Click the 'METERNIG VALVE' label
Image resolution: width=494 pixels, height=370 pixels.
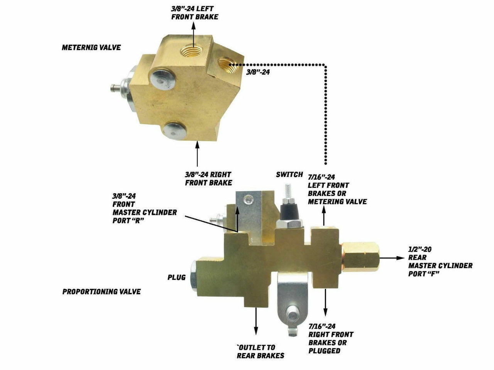(x=91, y=47)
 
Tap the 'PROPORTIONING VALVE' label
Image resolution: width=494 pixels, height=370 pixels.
(x=102, y=292)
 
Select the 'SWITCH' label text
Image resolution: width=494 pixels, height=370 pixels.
(x=289, y=174)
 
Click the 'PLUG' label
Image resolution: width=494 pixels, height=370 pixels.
(x=177, y=277)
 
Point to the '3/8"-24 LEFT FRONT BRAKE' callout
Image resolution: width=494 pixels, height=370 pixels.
(x=195, y=13)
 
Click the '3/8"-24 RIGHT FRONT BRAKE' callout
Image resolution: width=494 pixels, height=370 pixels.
(x=208, y=179)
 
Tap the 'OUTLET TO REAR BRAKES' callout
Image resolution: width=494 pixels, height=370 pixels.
(x=261, y=351)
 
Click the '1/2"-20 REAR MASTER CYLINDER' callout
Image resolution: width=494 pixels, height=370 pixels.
(x=440, y=262)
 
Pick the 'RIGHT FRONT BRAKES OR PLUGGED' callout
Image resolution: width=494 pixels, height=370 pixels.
(x=331, y=338)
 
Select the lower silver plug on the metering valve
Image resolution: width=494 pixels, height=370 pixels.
(x=175, y=131)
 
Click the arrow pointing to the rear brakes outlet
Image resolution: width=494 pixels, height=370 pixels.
(x=256, y=321)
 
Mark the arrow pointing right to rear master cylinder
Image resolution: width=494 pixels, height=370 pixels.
(x=392, y=258)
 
